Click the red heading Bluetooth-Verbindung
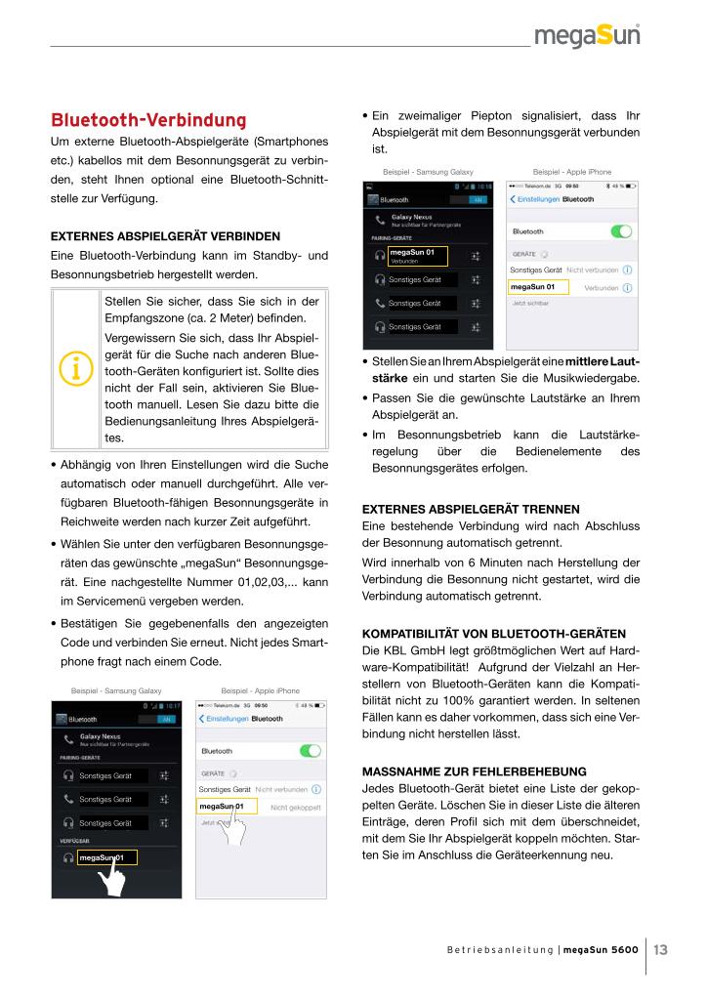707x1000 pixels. (147, 122)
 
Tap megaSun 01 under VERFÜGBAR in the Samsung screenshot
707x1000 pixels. (102, 857)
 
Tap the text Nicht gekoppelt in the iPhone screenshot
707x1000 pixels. (296, 808)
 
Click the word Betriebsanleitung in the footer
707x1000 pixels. (496, 948)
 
